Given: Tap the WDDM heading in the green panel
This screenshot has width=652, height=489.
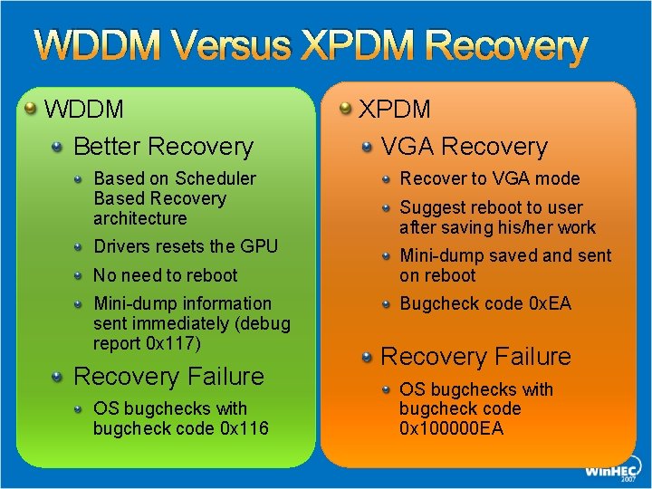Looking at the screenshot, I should click(x=84, y=110).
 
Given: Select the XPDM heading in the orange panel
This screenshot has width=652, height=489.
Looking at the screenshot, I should click(x=395, y=110).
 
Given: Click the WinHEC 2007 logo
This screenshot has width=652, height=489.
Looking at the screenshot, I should click(x=609, y=470).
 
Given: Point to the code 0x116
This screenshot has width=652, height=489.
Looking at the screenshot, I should click(x=244, y=428).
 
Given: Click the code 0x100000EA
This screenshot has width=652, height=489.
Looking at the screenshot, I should click(x=451, y=428).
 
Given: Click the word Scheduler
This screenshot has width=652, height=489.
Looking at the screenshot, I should click(x=216, y=178).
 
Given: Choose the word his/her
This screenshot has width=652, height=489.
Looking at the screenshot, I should click(x=522, y=227).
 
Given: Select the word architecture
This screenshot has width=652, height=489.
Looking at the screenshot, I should click(x=139, y=218).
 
